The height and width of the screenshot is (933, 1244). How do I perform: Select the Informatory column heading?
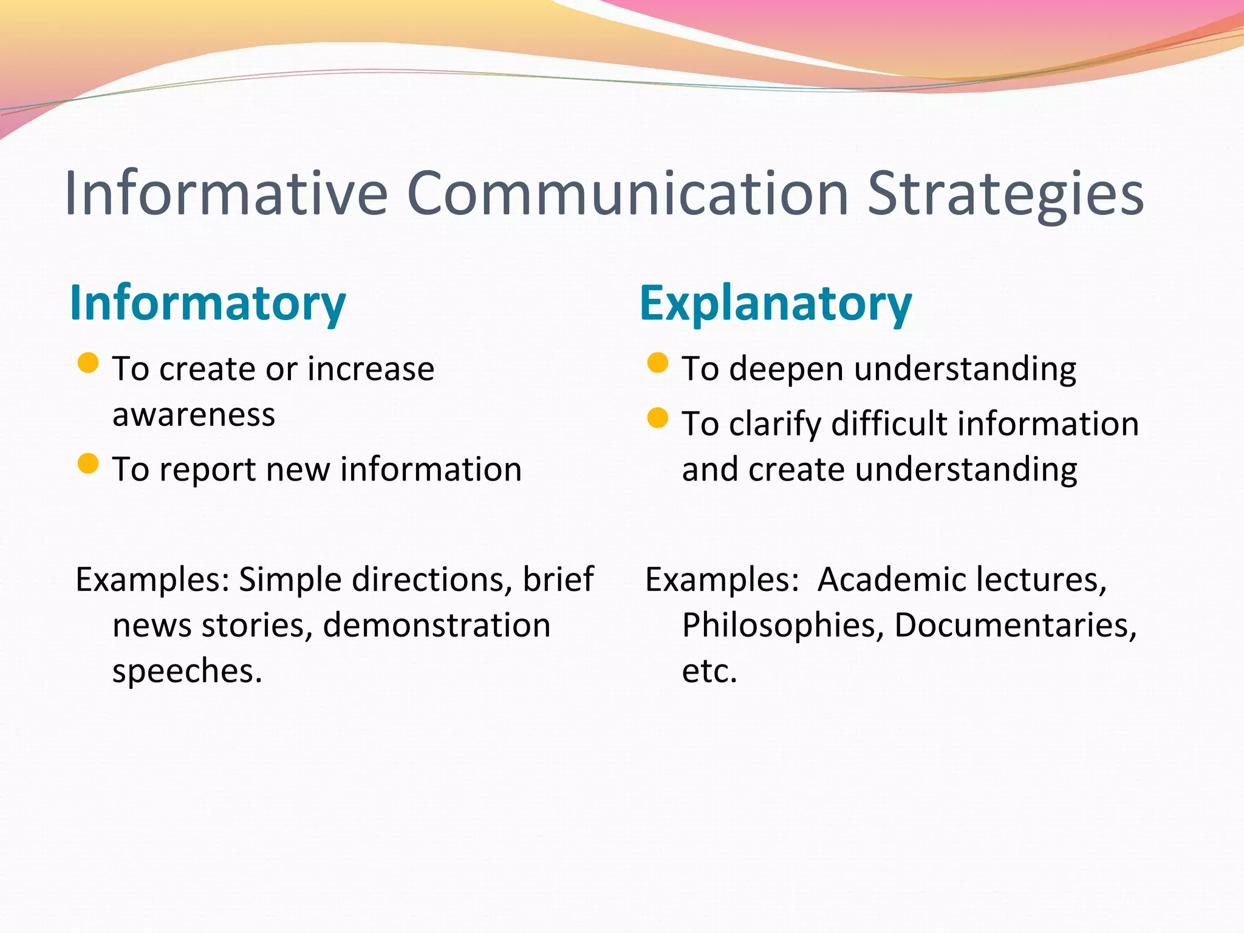coord(208,303)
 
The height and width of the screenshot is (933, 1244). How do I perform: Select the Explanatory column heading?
coord(776,303)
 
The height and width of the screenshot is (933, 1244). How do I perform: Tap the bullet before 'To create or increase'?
coord(89,363)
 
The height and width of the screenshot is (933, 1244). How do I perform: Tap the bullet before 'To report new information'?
coord(89,463)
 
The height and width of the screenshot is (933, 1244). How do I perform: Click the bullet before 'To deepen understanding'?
coord(658,363)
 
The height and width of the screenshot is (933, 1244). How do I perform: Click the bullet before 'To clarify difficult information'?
coord(658,418)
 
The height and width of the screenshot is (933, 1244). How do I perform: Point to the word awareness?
coord(194,415)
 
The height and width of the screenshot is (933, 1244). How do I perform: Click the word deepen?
coord(786,370)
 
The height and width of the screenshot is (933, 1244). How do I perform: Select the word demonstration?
coord(437,626)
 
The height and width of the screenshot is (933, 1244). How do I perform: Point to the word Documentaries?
coord(1015,626)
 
